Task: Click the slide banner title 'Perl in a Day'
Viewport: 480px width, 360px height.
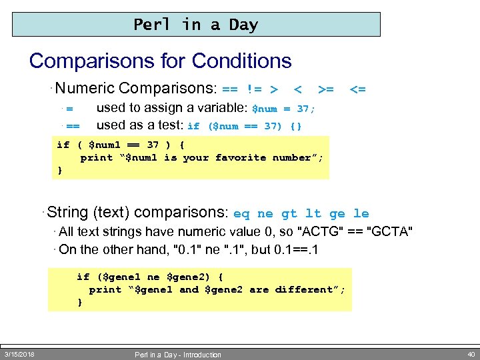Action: tap(195, 25)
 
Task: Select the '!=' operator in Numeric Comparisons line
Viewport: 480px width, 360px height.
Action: tap(253, 89)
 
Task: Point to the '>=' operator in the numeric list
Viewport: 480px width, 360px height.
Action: tap(326, 89)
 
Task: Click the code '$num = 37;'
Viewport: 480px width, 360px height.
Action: tap(283, 109)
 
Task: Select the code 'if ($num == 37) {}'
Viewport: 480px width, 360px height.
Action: tap(245, 126)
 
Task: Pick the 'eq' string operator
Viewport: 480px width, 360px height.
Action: tap(241, 214)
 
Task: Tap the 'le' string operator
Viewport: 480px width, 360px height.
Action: tap(361, 214)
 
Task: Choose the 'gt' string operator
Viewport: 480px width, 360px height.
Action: tap(289, 214)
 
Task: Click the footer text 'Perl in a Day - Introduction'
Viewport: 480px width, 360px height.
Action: tap(178, 355)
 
